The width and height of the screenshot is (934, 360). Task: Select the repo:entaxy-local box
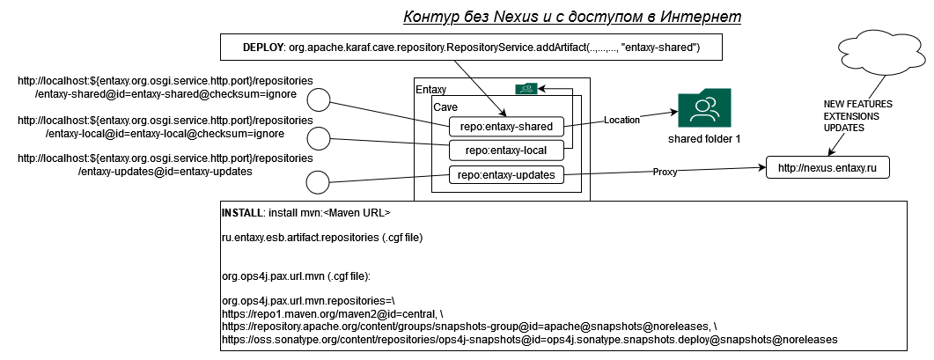point(506,151)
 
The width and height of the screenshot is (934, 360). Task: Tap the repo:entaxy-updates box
point(506,174)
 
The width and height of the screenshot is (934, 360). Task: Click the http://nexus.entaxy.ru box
point(827,167)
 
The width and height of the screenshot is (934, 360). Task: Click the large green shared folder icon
point(704,109)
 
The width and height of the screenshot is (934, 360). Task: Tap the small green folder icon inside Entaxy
point(526,88)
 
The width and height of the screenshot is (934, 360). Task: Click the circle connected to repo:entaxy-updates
point(318,183)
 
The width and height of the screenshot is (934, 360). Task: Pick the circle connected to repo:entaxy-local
point(318,137)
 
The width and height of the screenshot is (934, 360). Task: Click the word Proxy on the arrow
point(666,173)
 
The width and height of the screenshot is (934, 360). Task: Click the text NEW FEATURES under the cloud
point(857,103)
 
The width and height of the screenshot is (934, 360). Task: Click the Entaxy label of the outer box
point(430,89)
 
